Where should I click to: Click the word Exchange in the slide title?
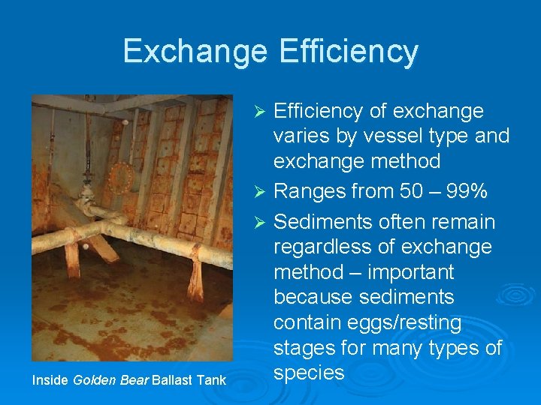pos(195,51)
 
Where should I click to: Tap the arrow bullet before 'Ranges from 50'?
pos(259,192)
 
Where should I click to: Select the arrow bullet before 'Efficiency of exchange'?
pos(259,112)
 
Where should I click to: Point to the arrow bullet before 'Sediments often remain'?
pos(259,223)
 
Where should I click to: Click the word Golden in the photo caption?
pos(93,381)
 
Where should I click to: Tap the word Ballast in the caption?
pos(172,381)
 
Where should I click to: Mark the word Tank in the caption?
pos(212,381)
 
